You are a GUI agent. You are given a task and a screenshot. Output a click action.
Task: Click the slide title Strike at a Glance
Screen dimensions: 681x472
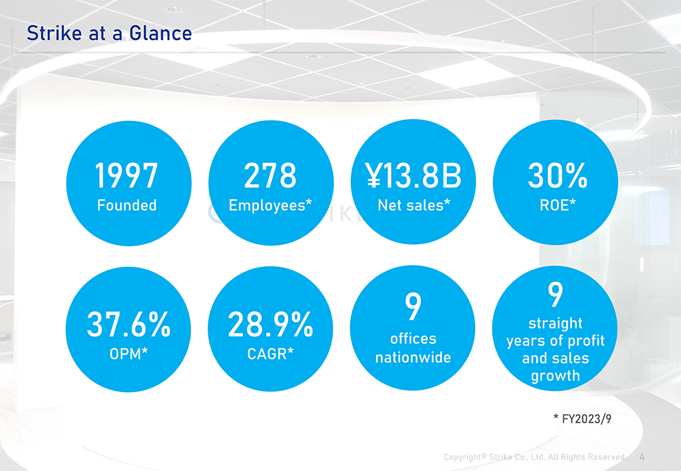click(x=109, y=34)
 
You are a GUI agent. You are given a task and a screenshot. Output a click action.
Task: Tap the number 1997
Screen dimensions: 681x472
click(x=126, y=175)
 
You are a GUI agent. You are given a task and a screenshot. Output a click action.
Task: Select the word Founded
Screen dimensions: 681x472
click(x=127, y=205)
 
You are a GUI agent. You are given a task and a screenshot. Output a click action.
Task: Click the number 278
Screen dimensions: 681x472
click(x=270, y=175)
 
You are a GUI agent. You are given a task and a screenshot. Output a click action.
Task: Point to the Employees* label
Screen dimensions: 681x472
click(x=270, y=206)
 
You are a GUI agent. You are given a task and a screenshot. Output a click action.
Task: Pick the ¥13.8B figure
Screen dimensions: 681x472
click(x=413, y=175)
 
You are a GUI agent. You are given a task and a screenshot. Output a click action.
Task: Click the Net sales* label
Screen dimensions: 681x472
click(x=414, y=205)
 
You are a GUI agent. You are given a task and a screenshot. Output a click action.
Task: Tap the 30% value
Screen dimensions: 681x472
click(x=558, y=175)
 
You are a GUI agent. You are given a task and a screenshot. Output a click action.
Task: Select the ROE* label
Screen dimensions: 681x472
click(x=558, y=205)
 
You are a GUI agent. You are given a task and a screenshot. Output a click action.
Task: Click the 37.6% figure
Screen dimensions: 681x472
click(x=128, y=324)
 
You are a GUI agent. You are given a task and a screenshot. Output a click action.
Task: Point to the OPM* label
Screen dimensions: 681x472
click(x=128, y=354)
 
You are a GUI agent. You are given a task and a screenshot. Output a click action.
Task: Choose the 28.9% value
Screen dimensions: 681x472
click(x=270, y=324)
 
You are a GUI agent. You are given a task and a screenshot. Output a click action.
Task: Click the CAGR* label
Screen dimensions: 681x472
click(x=270, y=354)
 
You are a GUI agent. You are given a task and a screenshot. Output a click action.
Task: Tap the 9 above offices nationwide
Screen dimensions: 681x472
click(x=413, y=306)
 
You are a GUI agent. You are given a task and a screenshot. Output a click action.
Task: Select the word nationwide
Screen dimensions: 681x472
click(x=413, y=357)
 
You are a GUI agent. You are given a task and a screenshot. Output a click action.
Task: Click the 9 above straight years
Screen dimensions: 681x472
click(x=555, y=294)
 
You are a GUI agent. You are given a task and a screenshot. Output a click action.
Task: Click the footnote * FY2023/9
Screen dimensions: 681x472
click(x=582, y=419)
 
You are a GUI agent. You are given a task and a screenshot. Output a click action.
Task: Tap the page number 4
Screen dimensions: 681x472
click(x=642, y=457)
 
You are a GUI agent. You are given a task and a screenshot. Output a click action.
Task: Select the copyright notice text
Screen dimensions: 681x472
click(x=535, y=457)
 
